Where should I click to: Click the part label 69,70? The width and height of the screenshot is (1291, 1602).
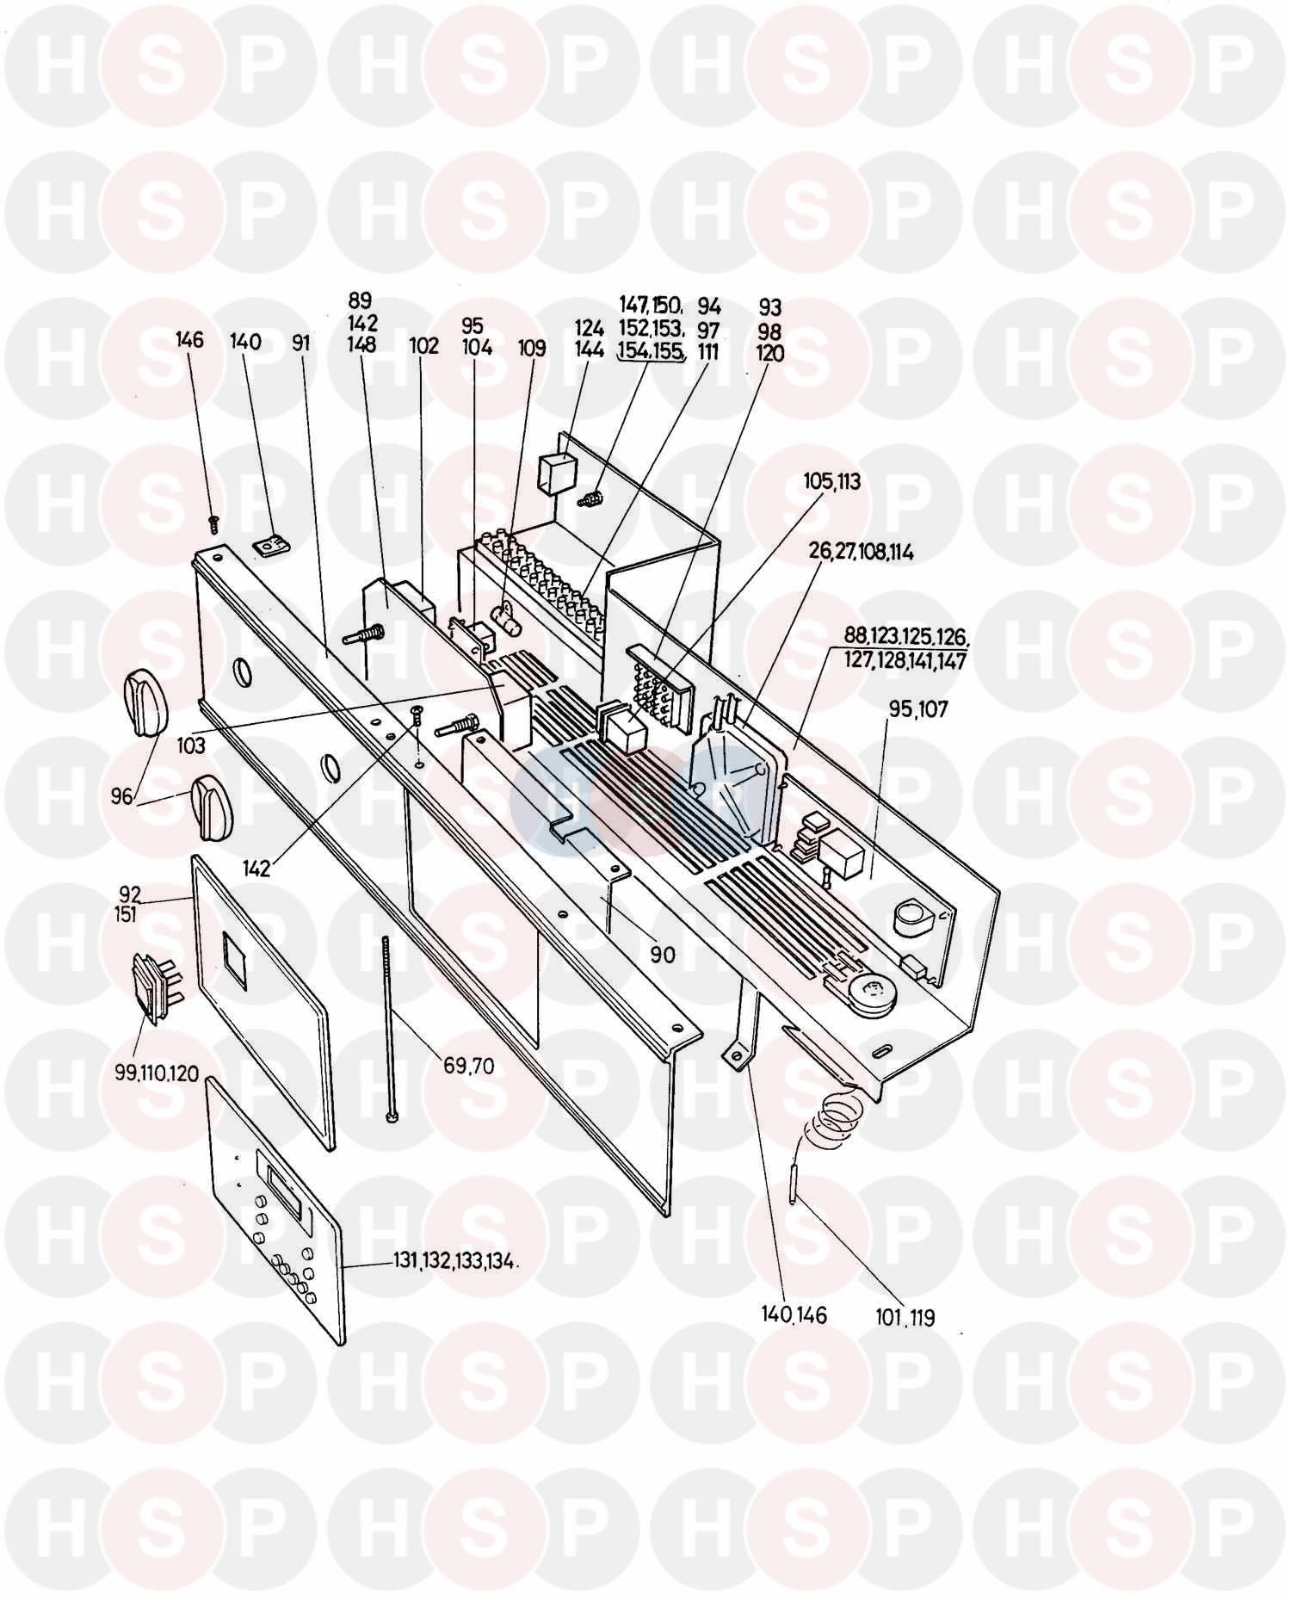tap(469, 1066)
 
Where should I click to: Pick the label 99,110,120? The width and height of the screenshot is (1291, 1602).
tap(156, 1073)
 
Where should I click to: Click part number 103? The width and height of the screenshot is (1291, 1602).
tap(191, 745)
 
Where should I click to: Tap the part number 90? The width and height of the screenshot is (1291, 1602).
tap(663, 955)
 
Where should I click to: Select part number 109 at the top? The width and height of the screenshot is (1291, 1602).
tap(532, 348)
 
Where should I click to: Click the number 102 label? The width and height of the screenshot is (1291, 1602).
tap(423, 345)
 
